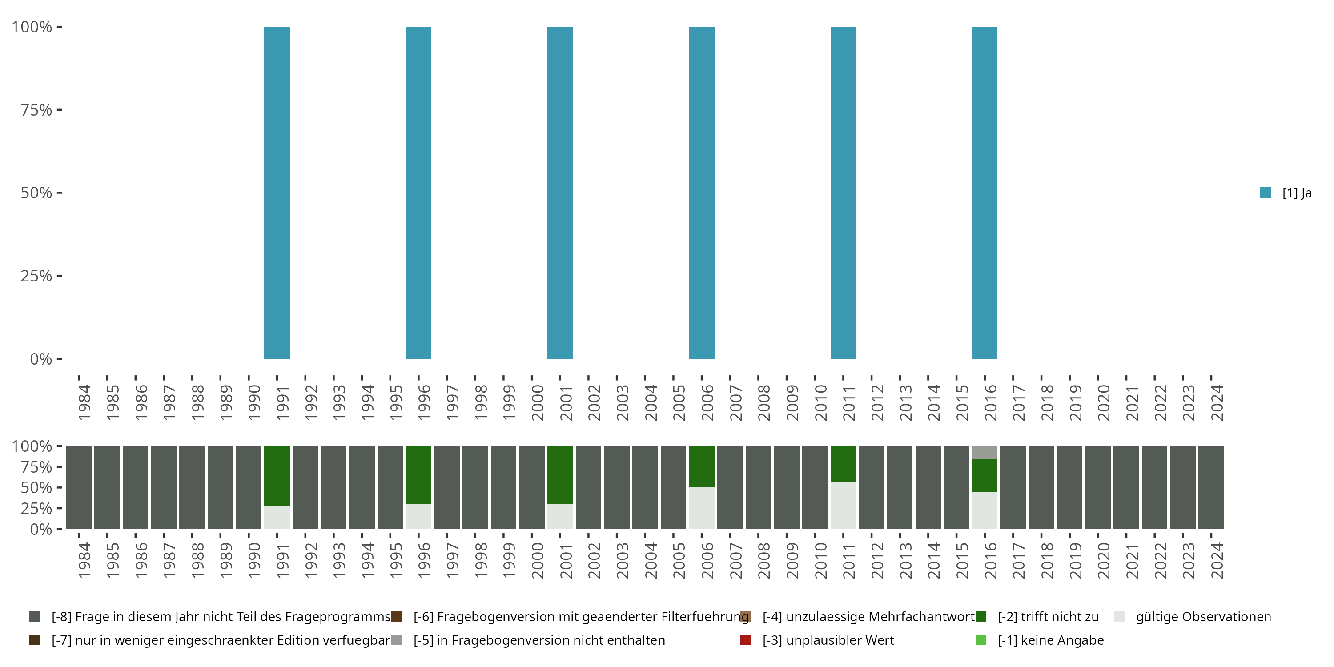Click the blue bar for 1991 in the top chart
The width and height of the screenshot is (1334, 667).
pyautogui.click(x=277, y=193)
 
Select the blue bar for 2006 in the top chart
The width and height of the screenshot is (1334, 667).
pyautogui.click(x=701, y=193)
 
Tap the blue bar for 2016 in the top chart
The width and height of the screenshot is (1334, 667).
pyautogui.click(x=984, y=193)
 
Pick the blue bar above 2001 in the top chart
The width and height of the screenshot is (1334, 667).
pyautogui.click(x=560, y=193)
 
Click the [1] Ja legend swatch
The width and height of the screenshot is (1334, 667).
pyautogui.click(x=1266, y=193)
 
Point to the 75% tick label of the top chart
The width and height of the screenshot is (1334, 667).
pyautogui.click(x=36, y=110)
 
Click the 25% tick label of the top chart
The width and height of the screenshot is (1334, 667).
pyautogui.click(x=36, y=276)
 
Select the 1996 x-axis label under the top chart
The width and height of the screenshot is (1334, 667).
pyautogui.click(x=424, y=402)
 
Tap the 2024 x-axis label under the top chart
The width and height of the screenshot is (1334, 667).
pyautogui.click(x=1217, y=402)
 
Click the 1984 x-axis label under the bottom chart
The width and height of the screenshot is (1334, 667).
pyautogui.click(x=84, y=560)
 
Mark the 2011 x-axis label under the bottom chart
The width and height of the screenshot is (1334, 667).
pyautogui.click(x=849, y=560)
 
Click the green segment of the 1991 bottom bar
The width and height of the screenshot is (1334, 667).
pyautogui.click(x=277, y=475)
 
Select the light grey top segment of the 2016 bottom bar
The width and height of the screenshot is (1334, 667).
pyautogui.click(x=984, y=452)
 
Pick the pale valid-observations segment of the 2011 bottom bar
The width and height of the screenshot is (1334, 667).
pyautogui.click(x=843, y=506)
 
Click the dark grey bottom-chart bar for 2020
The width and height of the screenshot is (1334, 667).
pyautogui.click(x=1098, y=487)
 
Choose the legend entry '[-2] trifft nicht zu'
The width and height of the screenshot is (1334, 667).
pyautogui.click(x=1048, y=617)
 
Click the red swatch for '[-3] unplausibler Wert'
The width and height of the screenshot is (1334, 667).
pyautogui.click(x=746, y=640)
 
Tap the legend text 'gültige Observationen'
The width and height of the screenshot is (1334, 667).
pyautogui.click(x=1203, y=617)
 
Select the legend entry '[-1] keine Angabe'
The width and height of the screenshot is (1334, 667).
pyautogui.click(x=1051, y=640)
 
